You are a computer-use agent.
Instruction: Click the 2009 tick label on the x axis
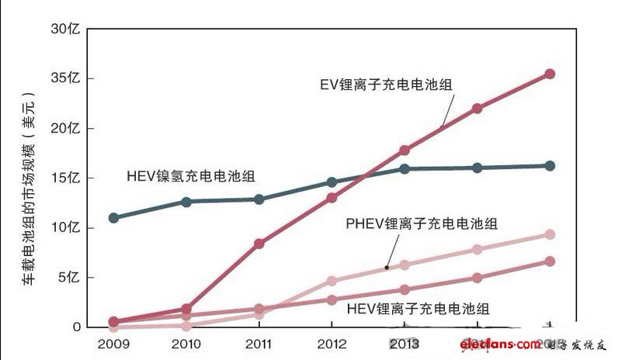coord(113,344)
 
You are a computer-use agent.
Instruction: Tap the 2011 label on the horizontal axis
coord(259,344)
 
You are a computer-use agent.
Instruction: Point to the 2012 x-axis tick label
coord(332,344)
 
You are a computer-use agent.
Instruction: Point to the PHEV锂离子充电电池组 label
coord(422,224)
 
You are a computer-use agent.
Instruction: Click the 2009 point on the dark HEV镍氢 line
coord(113,217)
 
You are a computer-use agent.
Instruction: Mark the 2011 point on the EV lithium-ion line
coord(259,244)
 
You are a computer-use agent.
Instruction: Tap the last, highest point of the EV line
coord(550,74)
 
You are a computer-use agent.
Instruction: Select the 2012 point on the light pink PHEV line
coord(332,281)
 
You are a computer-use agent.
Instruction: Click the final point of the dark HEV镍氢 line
coord(550,165)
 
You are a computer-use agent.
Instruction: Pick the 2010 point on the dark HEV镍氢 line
coord(186,202)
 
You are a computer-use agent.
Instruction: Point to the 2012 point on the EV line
coord(332,198)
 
